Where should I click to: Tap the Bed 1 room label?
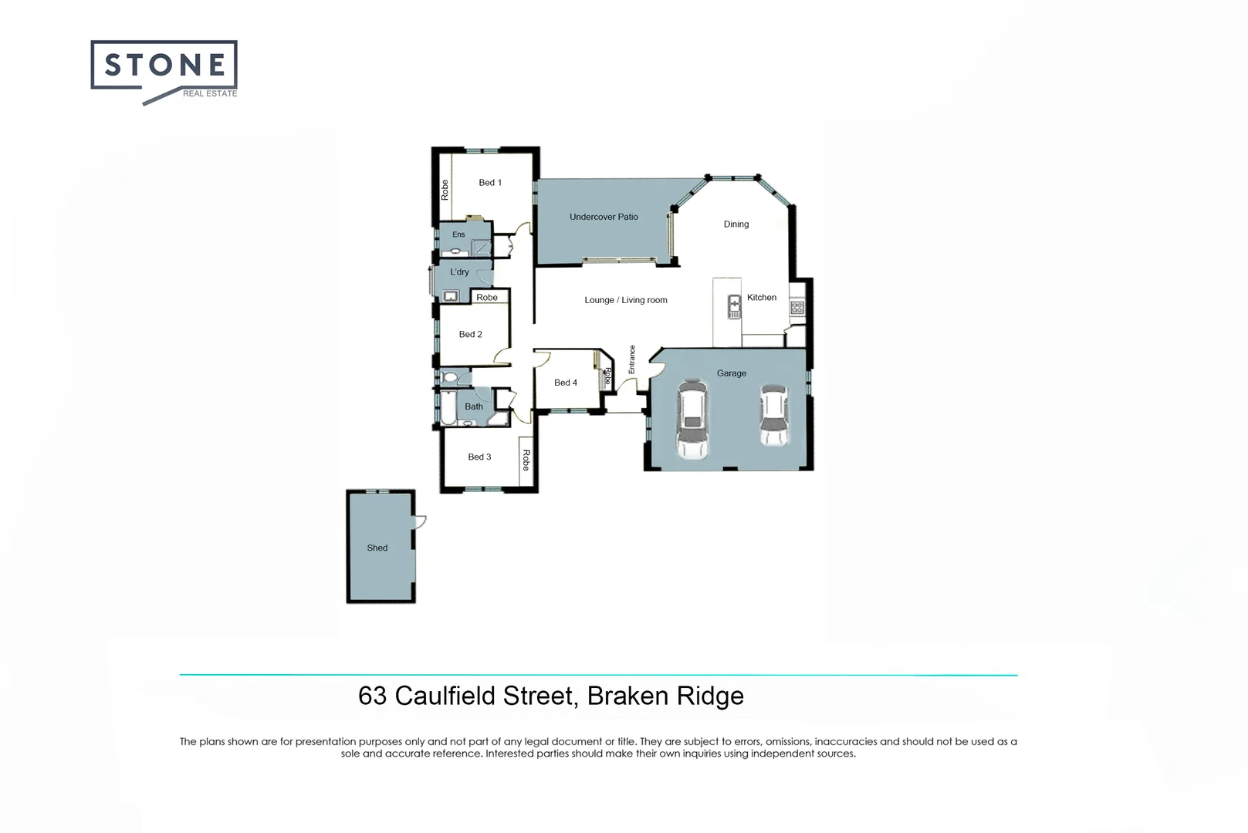coord(490,183)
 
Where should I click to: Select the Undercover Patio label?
coord(604,217)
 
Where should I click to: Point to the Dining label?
coord(736,224)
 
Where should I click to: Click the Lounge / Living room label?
coord(625,300)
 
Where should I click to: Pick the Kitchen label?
coord(761,298)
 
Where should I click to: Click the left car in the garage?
coord(692,420)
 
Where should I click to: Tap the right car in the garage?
coord(774,415)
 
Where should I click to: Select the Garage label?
coord(731,373)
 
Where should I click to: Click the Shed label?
coord(377,548)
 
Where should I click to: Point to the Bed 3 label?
coord(479,457)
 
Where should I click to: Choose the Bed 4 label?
coord(565,383)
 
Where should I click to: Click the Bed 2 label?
coord(470,335)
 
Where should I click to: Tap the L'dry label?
coord(459,272)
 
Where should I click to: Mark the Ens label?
coord(458,234)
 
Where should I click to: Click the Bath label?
coord(474,406)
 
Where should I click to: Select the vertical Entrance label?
coord(631,359)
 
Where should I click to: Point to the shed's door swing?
coord(420,521)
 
